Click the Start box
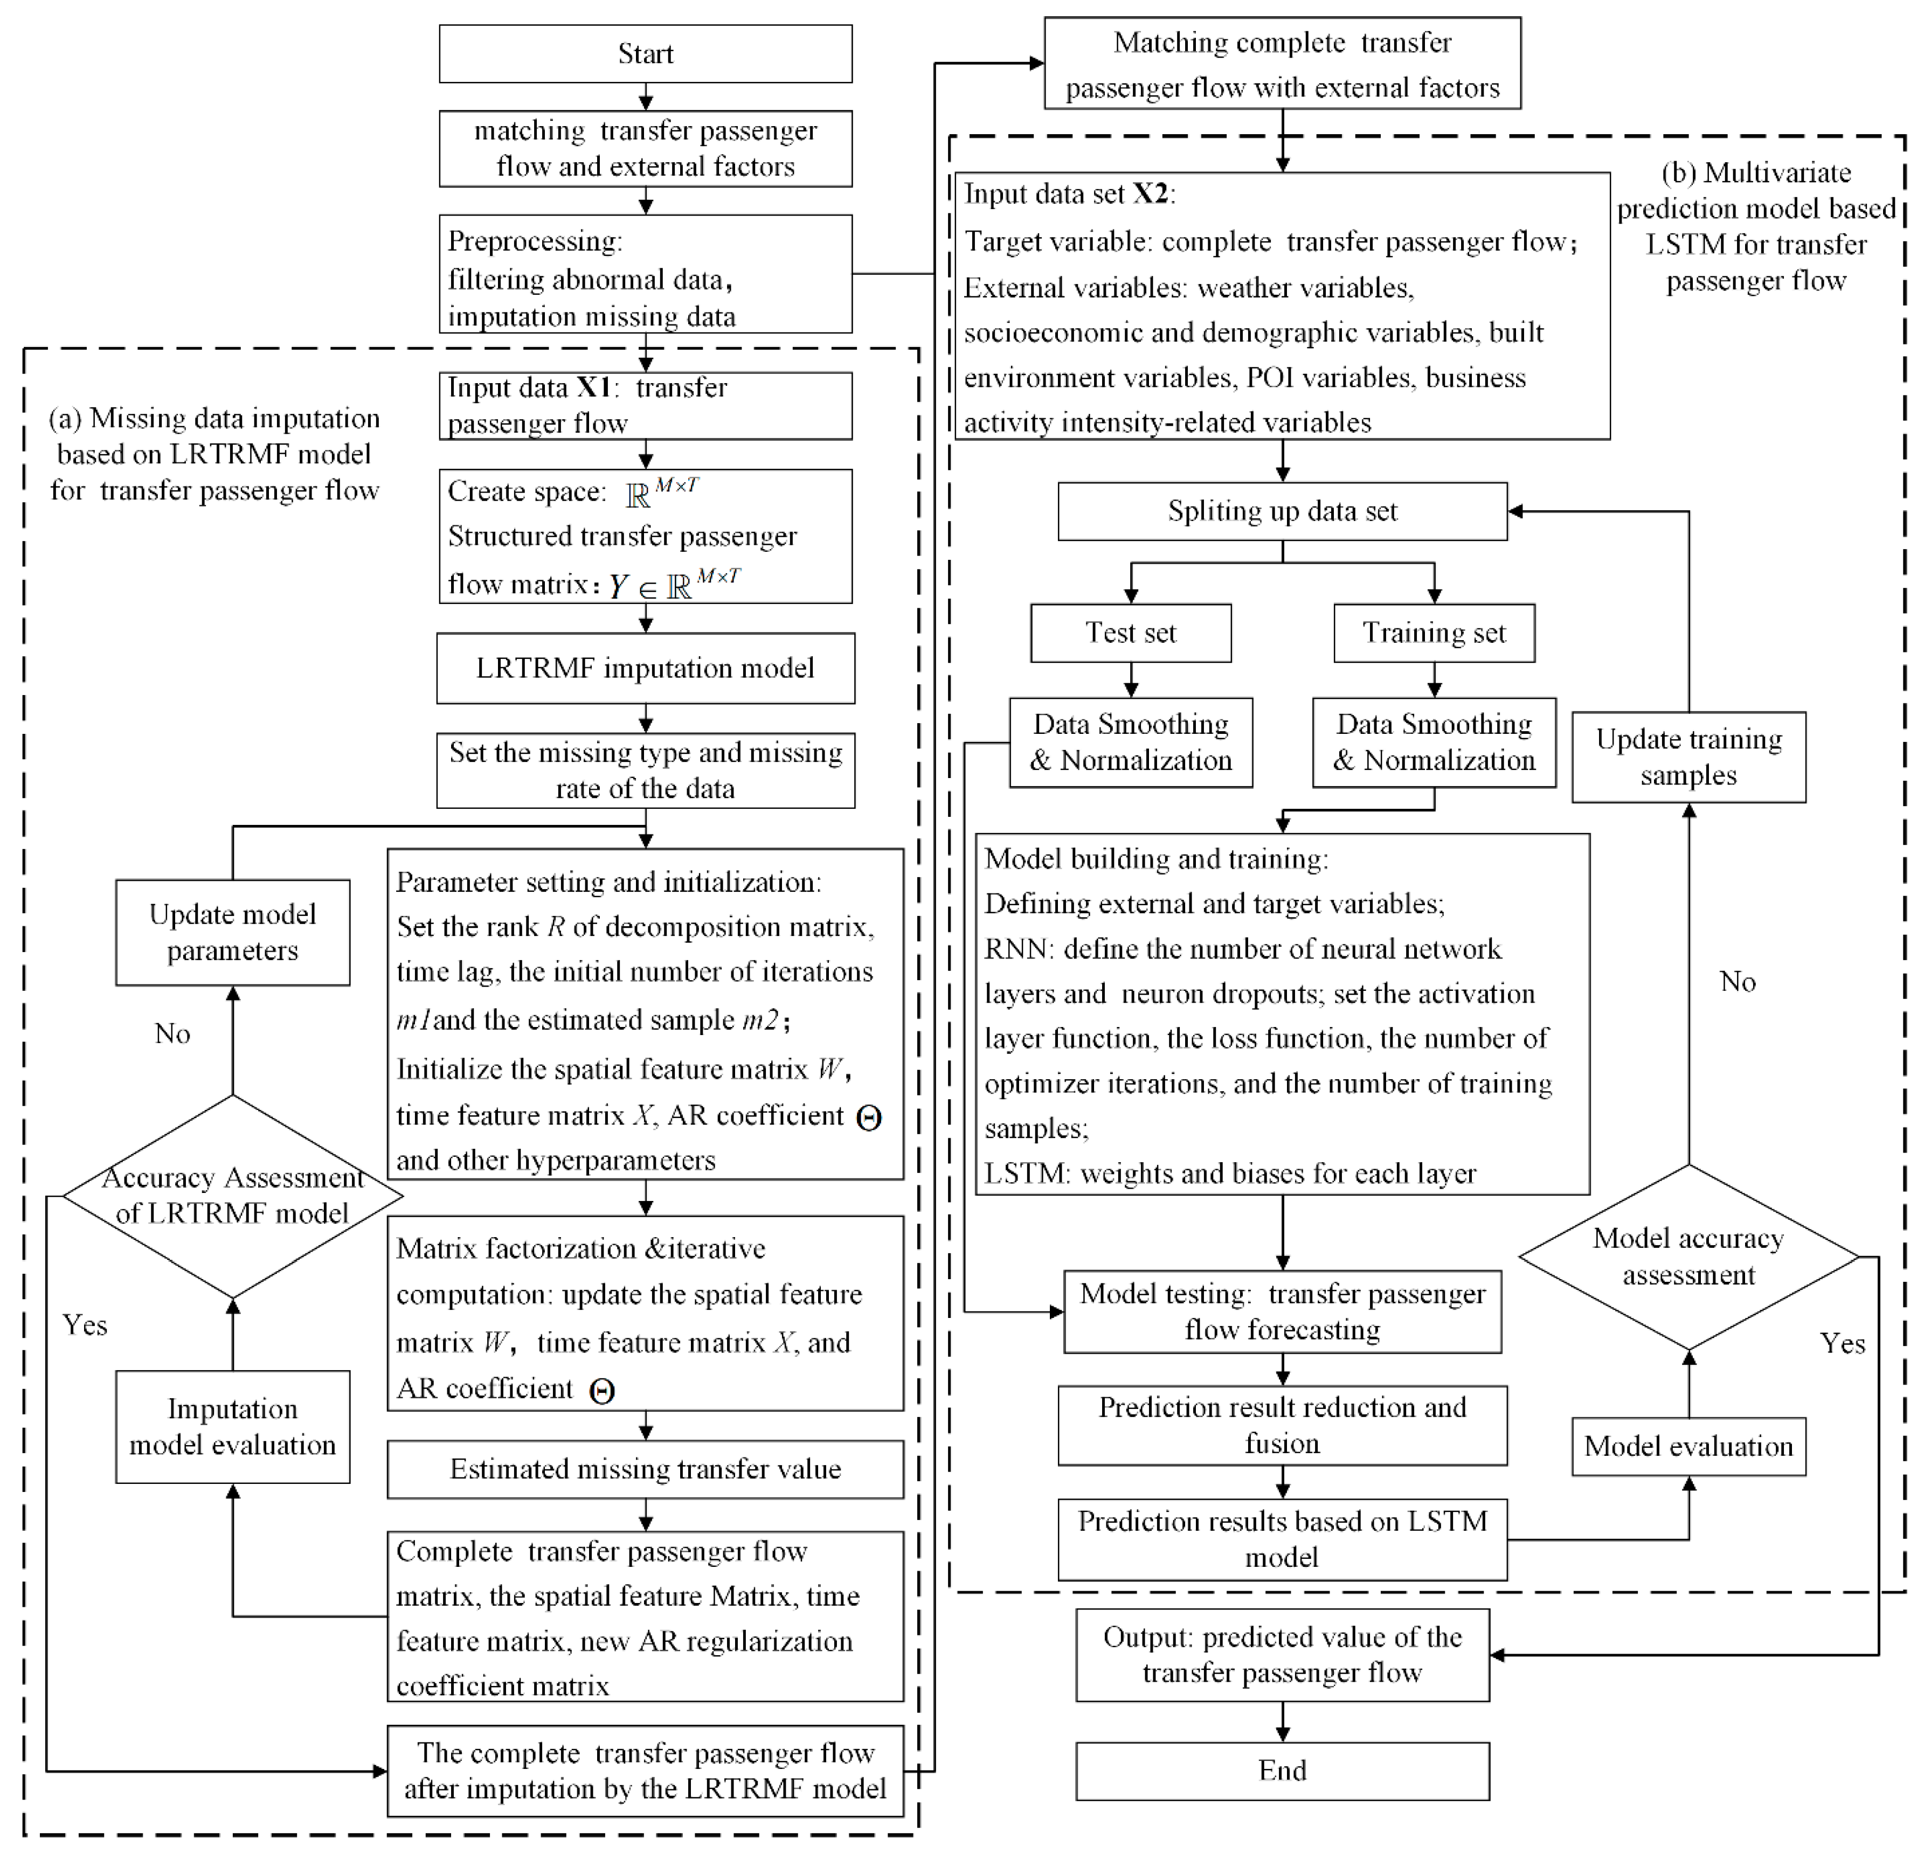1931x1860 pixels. pyautogui.click(x=645, y=54)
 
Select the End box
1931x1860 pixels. pyautogui.click(x=1282, y=1771)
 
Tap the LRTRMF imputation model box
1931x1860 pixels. pyautogui.click(x=645, y=668)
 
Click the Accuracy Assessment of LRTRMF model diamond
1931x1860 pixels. pyautogui.click(x=232, y=1196)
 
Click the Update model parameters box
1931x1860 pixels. pyautogui.click(x=232, y=932)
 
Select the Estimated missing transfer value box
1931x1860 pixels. pyautogui.click(x=645, y=1469)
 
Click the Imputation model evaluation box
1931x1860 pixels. pyautogui.click(x=232, y=1427)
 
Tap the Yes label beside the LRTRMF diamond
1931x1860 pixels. pyautogui.click(x=85, y=1325)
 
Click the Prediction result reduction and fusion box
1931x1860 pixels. pyautogui.click(x=1282, y=1425)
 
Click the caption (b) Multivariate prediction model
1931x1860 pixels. pyautogui.click(x=1756, y=227)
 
